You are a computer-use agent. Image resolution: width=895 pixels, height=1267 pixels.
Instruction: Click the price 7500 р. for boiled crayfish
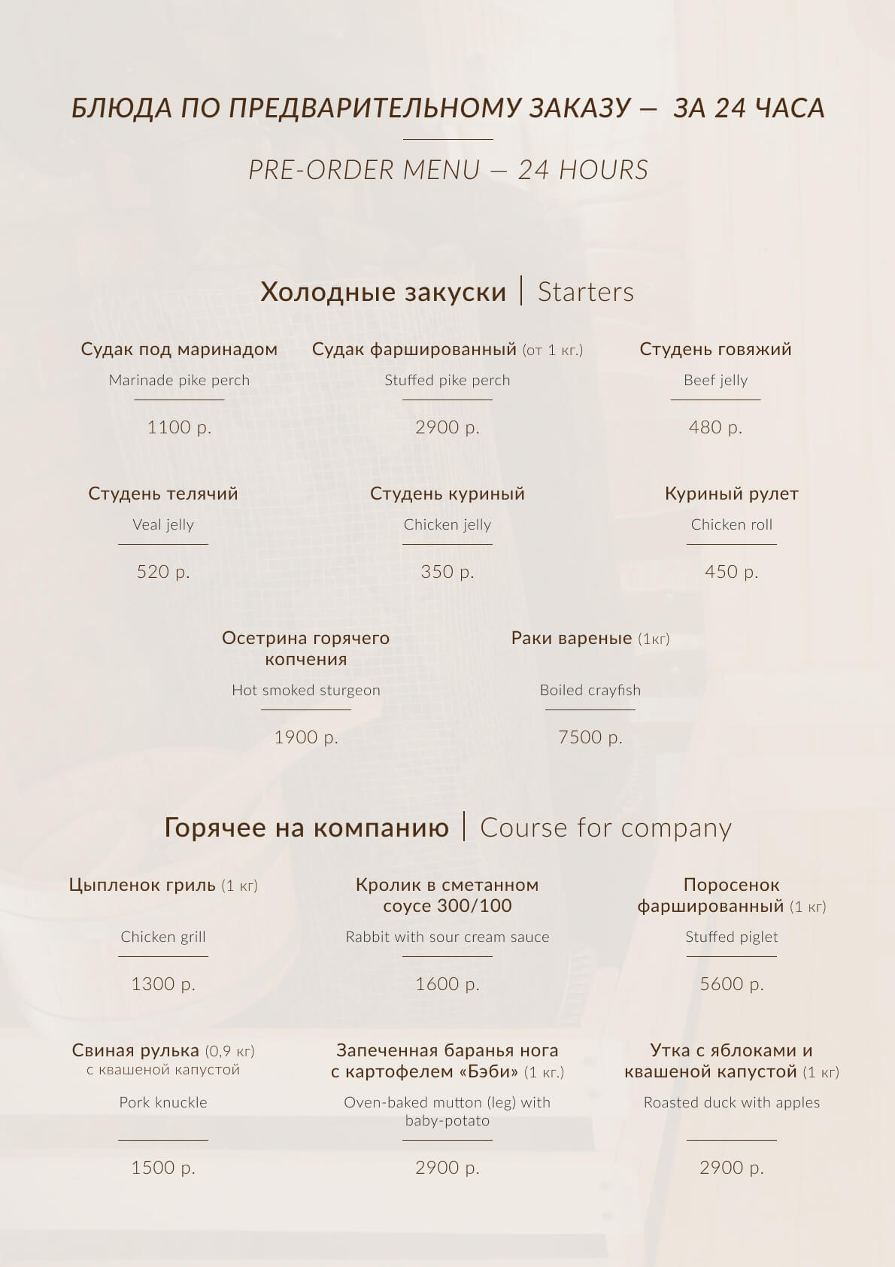click(x=590, y=737)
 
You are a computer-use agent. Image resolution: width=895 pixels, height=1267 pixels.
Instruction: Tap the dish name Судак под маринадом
click(x=179, y=349)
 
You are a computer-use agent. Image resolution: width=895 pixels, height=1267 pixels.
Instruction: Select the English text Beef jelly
click(x=715, y=380)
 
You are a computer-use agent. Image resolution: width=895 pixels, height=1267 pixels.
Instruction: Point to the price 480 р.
click(x=715, y=427)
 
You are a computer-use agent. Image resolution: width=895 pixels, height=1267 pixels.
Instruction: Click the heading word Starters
click(x=586, y=292)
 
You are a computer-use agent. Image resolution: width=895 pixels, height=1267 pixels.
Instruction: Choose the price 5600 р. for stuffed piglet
click(x=732, y=984)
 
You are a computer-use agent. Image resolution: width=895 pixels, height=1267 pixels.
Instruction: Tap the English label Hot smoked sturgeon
click(x=306, y=690)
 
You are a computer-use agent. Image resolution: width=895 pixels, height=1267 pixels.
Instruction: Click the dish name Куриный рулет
click(x=732, y=494)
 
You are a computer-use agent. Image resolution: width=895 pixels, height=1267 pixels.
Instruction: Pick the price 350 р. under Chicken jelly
click(x=447, y=572)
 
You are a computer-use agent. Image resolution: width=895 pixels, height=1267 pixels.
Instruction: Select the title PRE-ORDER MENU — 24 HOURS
click(x=448, y=170)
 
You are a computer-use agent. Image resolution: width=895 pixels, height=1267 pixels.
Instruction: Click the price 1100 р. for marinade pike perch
click(x=179, y=427)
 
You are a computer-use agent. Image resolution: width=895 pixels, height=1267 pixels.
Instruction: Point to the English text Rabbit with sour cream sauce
click(x=447, y=937)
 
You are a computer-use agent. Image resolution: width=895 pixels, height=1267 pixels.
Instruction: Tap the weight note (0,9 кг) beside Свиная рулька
click(x=230, y=1051)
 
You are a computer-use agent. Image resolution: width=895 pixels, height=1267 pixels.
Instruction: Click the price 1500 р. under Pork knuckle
click(x=163, y=1168)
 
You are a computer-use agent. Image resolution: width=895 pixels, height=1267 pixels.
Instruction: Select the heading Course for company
click(x=605, y=828)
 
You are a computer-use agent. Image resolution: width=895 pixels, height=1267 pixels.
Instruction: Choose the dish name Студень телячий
click(x=163, y=494)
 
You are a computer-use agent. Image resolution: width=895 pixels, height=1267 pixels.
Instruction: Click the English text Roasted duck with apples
click(x=732, y=1102)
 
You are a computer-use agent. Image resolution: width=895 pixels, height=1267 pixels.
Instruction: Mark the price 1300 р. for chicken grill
click(x=163, y=984)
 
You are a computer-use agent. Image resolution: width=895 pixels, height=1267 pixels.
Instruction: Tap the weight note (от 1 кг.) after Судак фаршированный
click(x=553, y=350)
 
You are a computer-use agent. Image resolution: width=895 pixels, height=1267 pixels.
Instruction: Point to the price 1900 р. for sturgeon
click(x=306, y=737)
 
